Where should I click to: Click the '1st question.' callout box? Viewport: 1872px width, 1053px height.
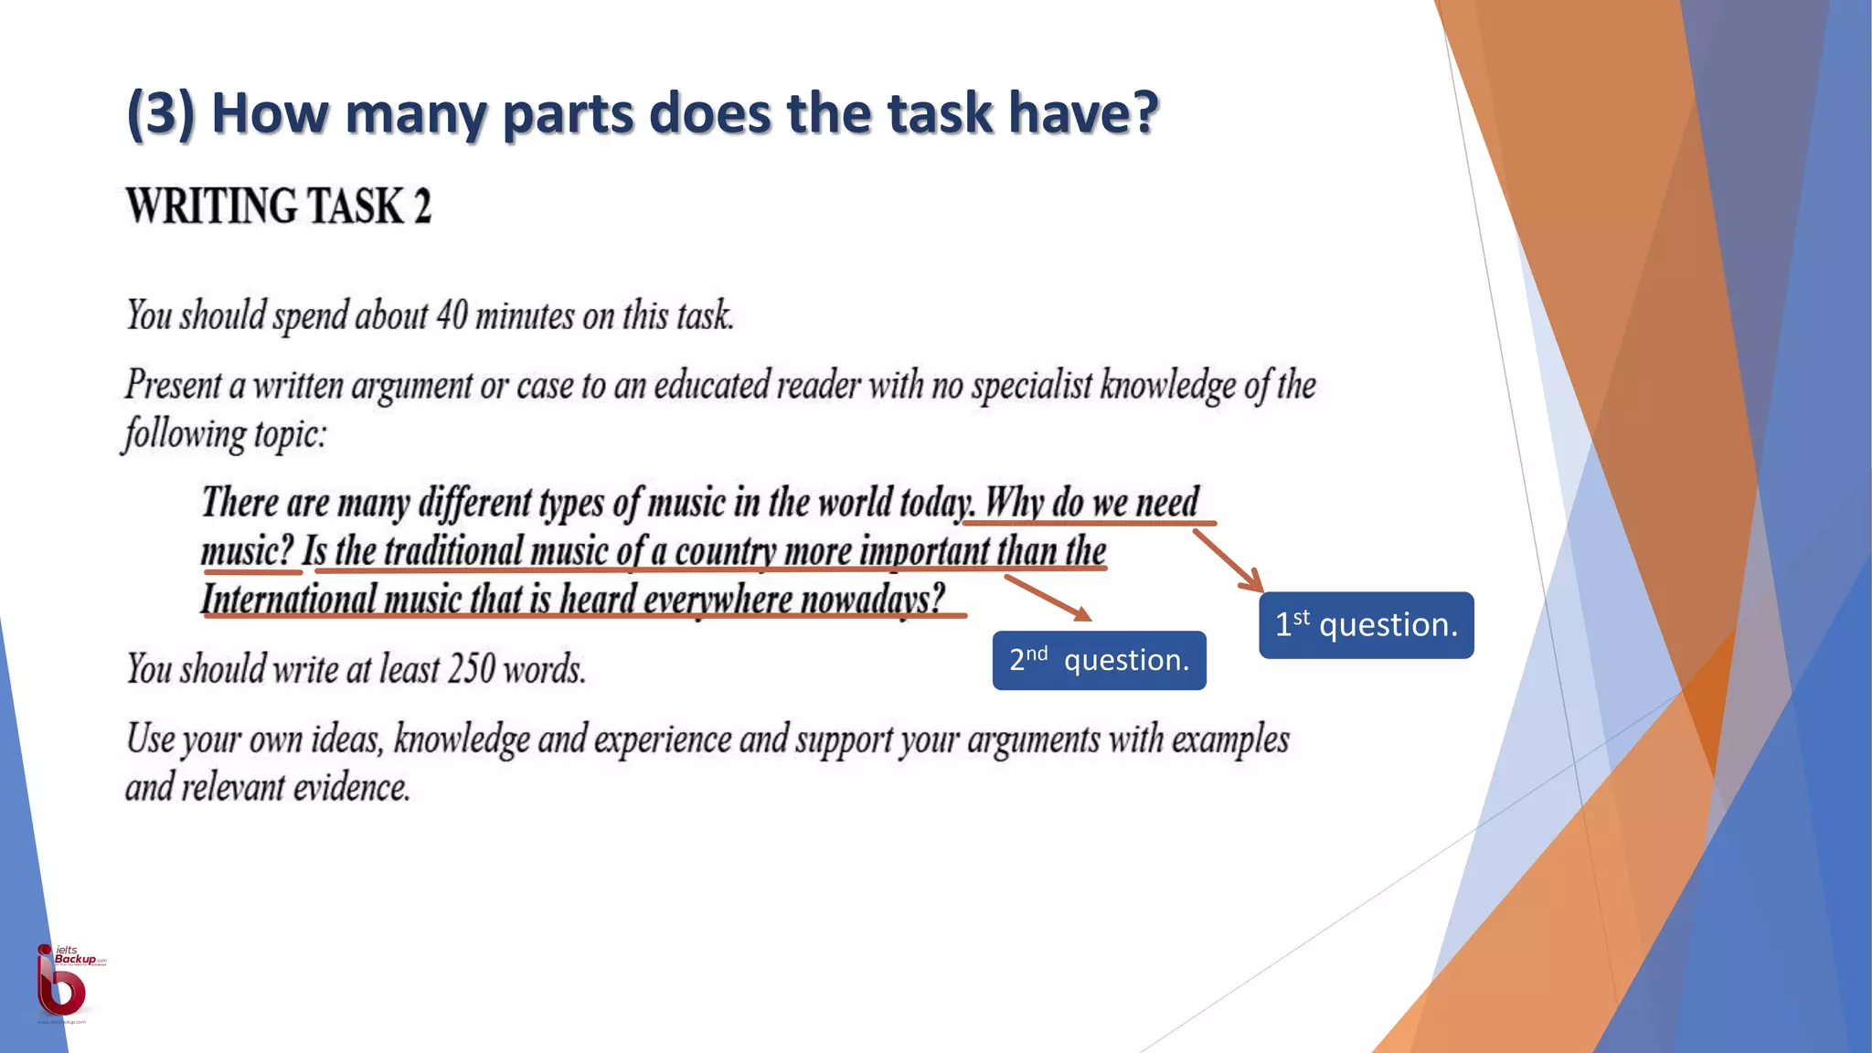point(1366,625)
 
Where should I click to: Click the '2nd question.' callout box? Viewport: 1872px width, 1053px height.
point(1099,660)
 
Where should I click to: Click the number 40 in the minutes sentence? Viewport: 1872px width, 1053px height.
point(452,315)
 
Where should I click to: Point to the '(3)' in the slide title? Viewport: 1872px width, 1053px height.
point(161,113)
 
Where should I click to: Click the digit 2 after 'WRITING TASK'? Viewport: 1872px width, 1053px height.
point(422,206)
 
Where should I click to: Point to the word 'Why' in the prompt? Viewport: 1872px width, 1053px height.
point(1014,503)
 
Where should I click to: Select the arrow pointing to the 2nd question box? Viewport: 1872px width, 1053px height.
point(1048,598)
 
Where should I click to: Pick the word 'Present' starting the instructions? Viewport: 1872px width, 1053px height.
point(173,385)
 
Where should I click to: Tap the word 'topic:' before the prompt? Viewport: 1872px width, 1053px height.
point(290,433)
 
